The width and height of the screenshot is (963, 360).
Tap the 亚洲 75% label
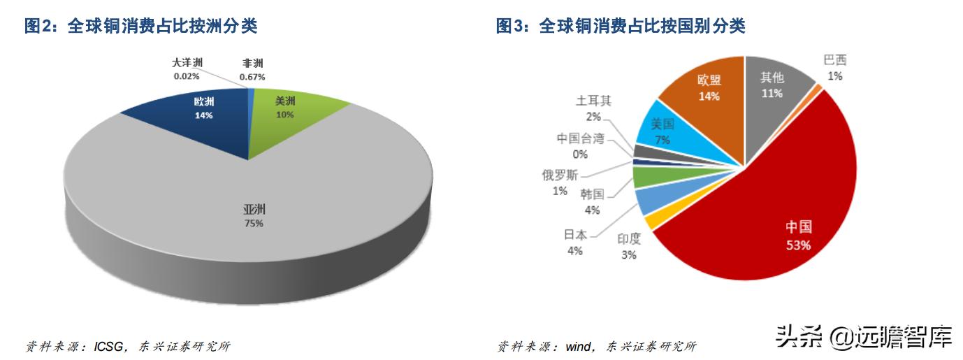point(254,216)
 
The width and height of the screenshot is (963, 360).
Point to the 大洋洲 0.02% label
point(187,69)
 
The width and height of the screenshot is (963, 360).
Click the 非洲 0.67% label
point(252,69)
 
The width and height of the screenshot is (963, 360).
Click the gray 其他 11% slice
point(772,87)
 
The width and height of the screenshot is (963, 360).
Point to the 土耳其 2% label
point(594,108)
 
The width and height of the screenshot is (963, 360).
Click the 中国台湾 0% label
point(580,145)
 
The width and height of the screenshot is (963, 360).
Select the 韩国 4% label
point(592,201)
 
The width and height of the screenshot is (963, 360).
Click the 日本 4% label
point(574,242)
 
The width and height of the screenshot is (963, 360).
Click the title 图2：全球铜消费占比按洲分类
point(140,27)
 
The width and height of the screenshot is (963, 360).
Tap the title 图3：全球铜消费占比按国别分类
point(621,27)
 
